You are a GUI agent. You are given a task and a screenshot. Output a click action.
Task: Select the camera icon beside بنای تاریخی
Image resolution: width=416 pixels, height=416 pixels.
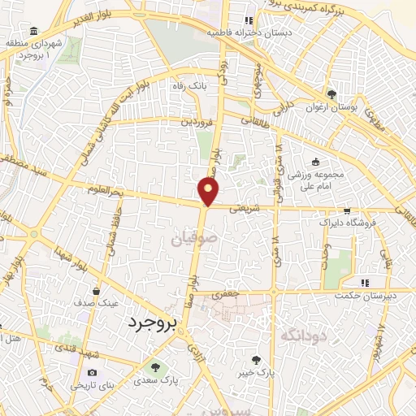(90, 373)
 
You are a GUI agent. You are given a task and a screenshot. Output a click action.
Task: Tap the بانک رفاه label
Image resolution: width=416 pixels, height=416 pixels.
(185, 85)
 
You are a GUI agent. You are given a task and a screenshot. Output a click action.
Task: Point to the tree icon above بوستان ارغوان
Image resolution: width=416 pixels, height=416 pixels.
(331, 93)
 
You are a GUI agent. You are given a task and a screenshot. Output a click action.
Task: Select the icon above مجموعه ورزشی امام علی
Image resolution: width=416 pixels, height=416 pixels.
(315, 162)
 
